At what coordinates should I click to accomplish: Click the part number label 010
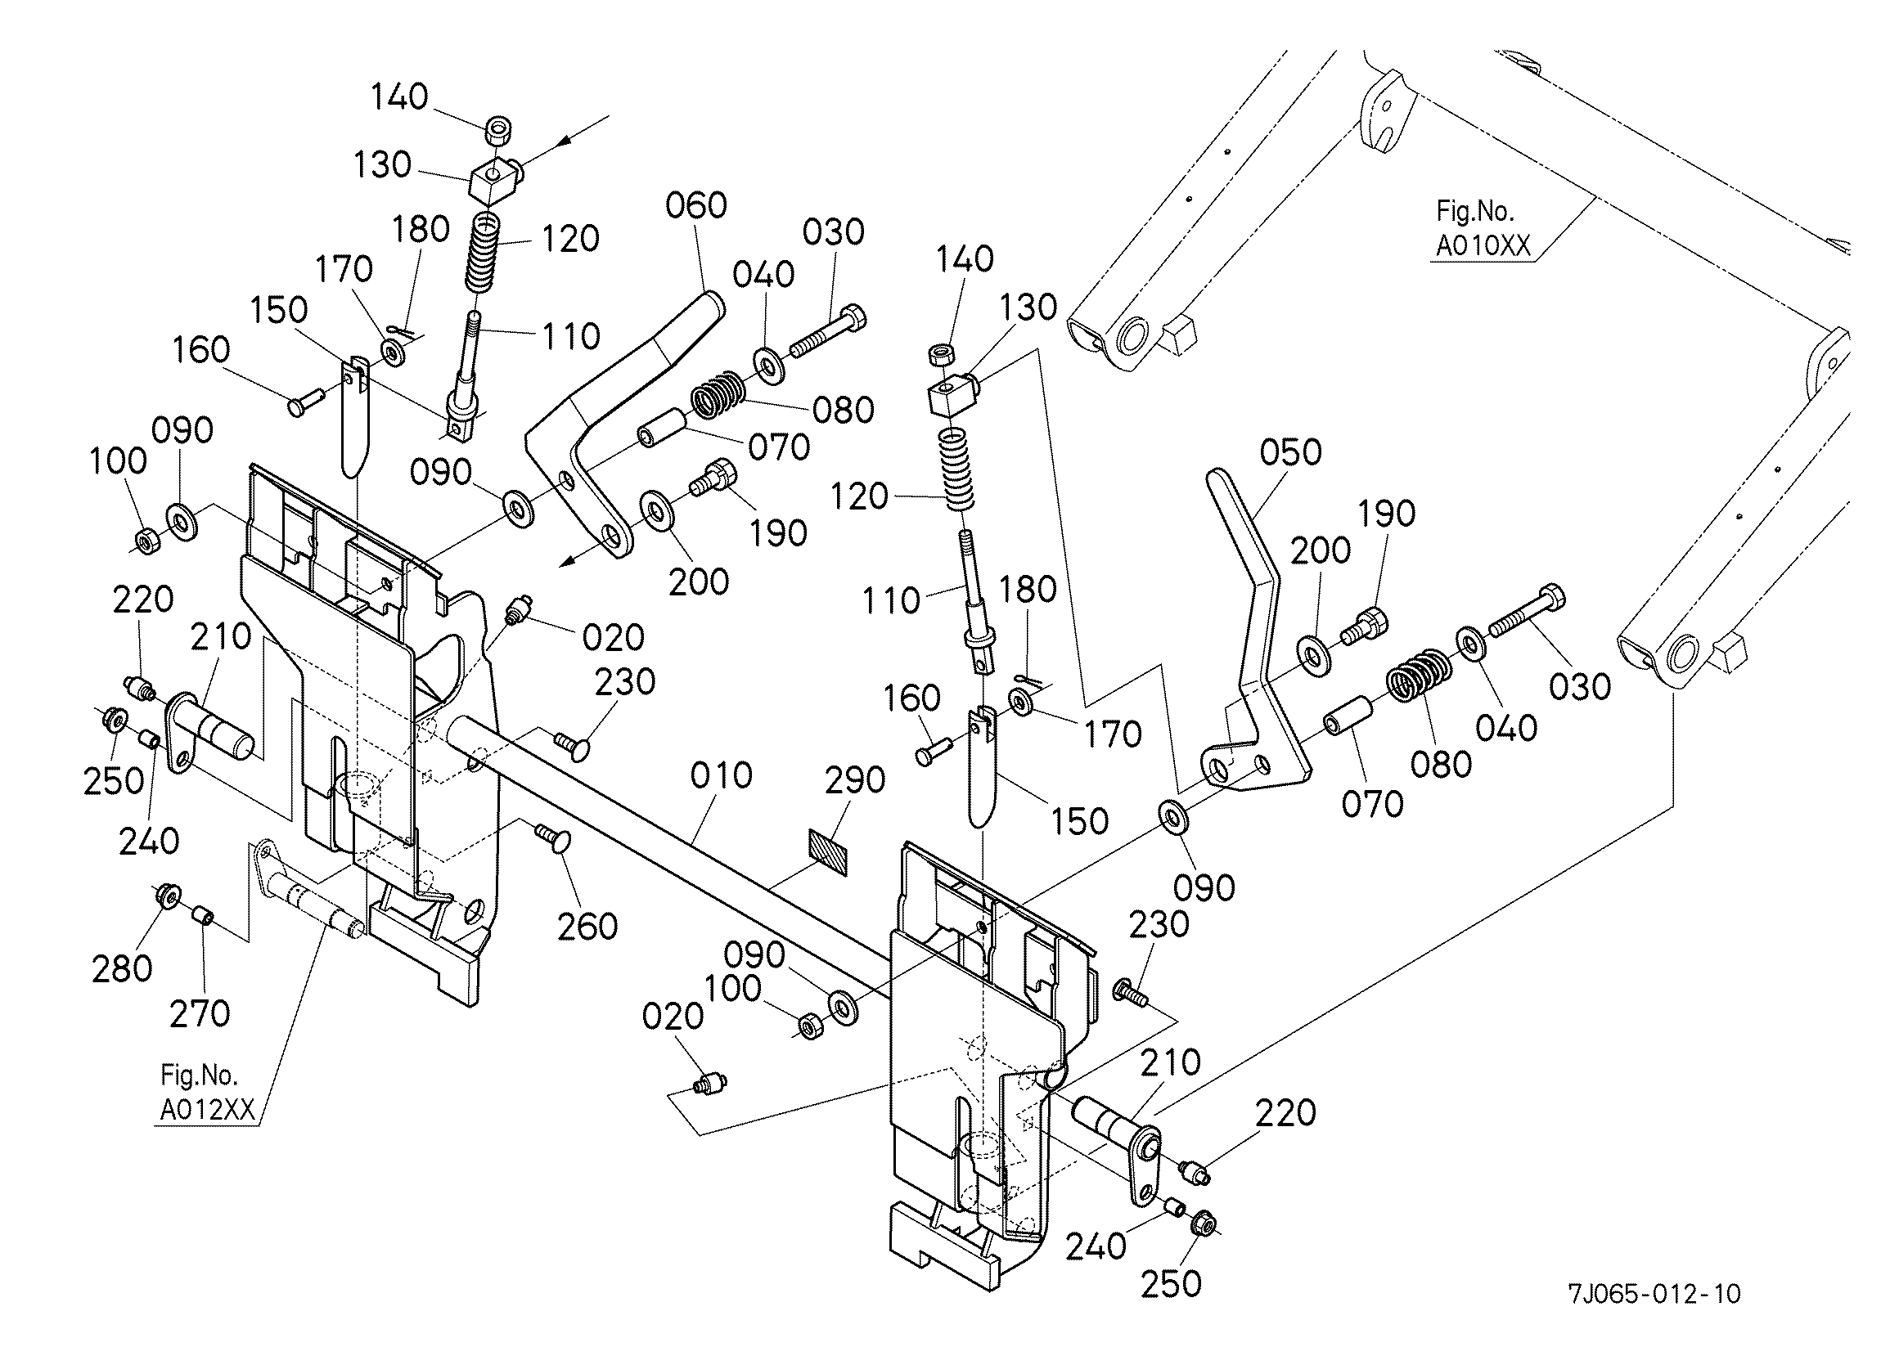pyautogui.click(x=721, y=775)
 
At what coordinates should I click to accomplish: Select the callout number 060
pyautogui.click(x=695, y=204)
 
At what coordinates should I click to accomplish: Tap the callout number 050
pyautogui.click(x=1289, y=452)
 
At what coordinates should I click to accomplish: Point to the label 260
pyautogui.click(x=587, y=927)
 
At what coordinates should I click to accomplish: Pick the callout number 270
pyautogui.click(x=199, y=1013)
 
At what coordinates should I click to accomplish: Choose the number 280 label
pyautogui.click(x=122, y=968)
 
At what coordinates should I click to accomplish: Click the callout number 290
pyautogui.click(x=855, y=779)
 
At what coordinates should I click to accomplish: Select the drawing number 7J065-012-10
pyautogui.click(x=1654, y=1293)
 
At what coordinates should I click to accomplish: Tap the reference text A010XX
pyautogui.click(x=1483, y=246)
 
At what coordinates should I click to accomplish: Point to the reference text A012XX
pyautogui.click(x=207, y=1110)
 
